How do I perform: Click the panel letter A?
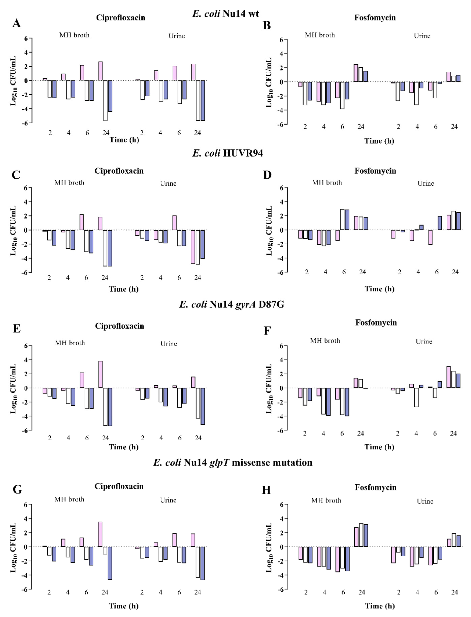pyautogui.click(x=16, y=23)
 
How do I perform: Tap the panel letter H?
pyautogui.click(x=266, y=490)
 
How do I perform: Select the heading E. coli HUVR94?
pyautogui.click(x=227, y=153)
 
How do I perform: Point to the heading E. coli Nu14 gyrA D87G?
pyautogui.click(x=232, y=304)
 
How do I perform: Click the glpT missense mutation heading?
pyautogui.click(x=233, y=462)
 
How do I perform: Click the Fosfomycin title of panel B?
pyautogui.click(x=375, y=18)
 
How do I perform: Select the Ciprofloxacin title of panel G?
pyautogui.click(x=119, y=486)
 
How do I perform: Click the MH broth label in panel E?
pyautogui.click(x=70, y=343)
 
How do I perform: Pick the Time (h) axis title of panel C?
pyautogui.click(x=124, y=289)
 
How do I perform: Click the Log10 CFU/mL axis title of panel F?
pyautogui.click(x=269, y=389)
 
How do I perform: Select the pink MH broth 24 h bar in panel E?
pyautogui.click(x=100, y=374)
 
